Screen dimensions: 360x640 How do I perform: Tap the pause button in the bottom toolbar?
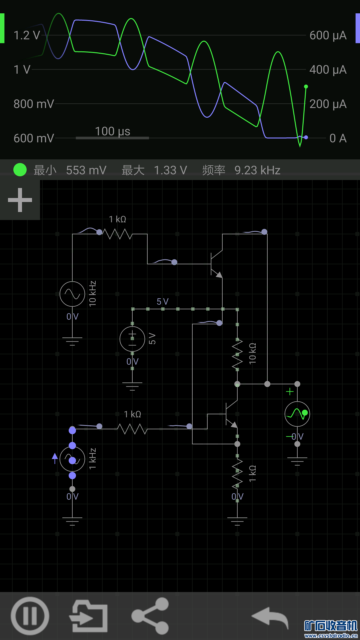coord(30,616)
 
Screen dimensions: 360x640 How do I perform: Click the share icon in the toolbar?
coord(150,616)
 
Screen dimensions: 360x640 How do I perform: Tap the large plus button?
coord(20,200)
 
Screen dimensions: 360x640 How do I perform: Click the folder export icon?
coord(88,616)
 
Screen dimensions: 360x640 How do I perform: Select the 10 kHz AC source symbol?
coord(72,294)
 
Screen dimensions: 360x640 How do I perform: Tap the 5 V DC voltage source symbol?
coord(132,339)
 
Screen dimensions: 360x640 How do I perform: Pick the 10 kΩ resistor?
coord(237,354)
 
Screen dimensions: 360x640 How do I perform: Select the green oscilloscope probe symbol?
coord(297,414)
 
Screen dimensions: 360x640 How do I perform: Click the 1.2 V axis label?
coord(27,35)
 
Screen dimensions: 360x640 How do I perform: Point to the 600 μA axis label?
coord(328,35)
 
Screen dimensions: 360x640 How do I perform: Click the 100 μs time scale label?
coord(113,131)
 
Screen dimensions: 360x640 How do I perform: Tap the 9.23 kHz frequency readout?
coord(257,170)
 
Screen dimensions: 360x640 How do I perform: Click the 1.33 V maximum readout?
coord(170,170)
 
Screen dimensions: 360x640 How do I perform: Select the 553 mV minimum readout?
coord(86,170)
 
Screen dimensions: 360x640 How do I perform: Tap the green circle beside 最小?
coord(20,170)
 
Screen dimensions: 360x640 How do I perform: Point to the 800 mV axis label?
coord(34,104)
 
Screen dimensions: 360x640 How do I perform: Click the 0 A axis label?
coord(338,138)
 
